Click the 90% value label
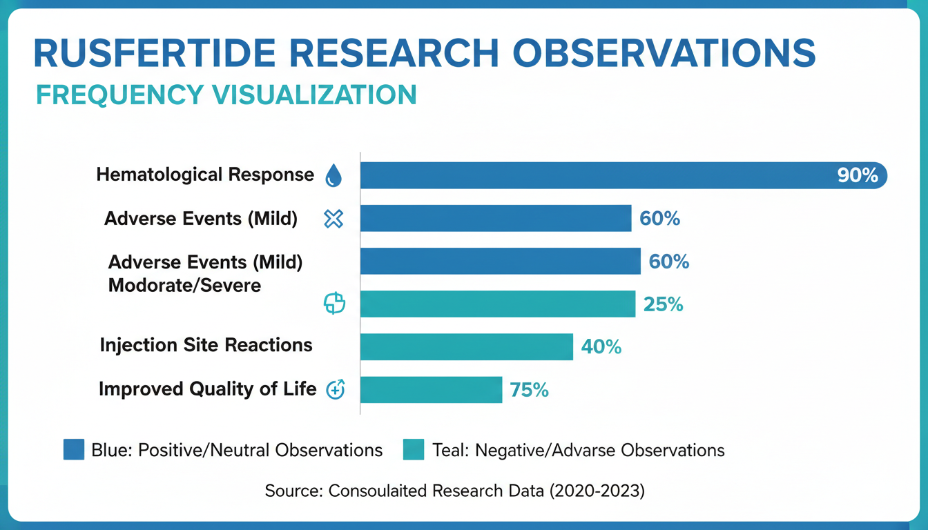pyautogui.click(x=858, y=176)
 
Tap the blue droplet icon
pyautogui.click(x=333, y=176)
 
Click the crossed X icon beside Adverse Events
pyautogui.click(x=333, y=219)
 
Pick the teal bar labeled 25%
pyautogui.click(x=497, y=304)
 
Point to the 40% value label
pyautogui.click(x=601, y=347)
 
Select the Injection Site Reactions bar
pyautogui.click(x=467, y=347)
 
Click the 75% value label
pyautogui.click(x=530, y=391)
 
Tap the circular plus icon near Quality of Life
pyautogui.click(x=335, y=390)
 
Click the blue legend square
pyautogui.click(x=74, y=450)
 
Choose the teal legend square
pyautogui.click(x=413, y=450)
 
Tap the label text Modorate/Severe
pyautogui.click(x=185, y=285)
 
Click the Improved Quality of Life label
pyautogui.click(x=207, y=389)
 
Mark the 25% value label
pyautogui.click(x=663, y=304)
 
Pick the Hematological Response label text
pyautogui.click(x=205, y=175)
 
